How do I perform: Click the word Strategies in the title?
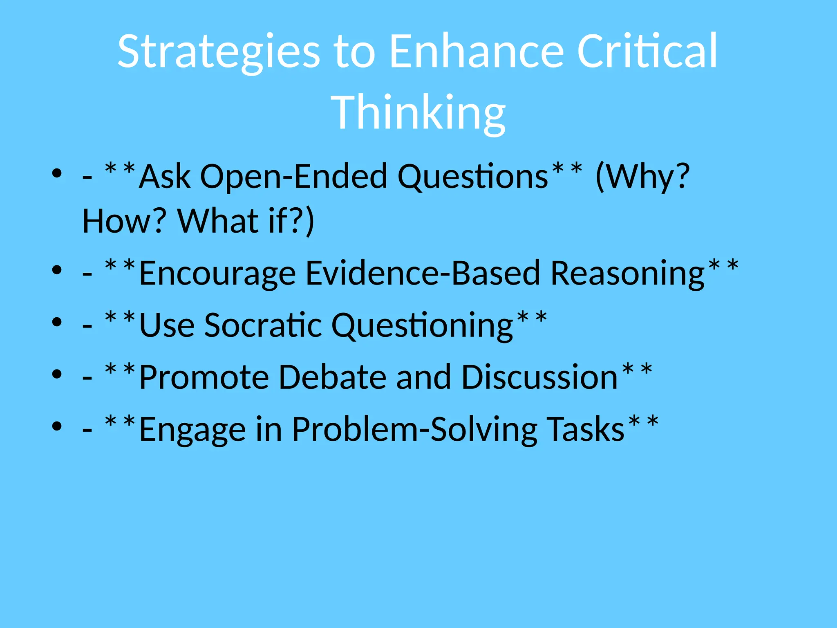(219, 52)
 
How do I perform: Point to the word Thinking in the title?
(418, 112)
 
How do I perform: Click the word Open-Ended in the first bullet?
(293, 177)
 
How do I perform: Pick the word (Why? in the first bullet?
(643, 177)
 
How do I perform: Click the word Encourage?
(217, 274)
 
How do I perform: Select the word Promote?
(204, 377)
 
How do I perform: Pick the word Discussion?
(539, 377)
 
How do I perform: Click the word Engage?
(192, 429)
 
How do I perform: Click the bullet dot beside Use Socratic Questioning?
(57, 322)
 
